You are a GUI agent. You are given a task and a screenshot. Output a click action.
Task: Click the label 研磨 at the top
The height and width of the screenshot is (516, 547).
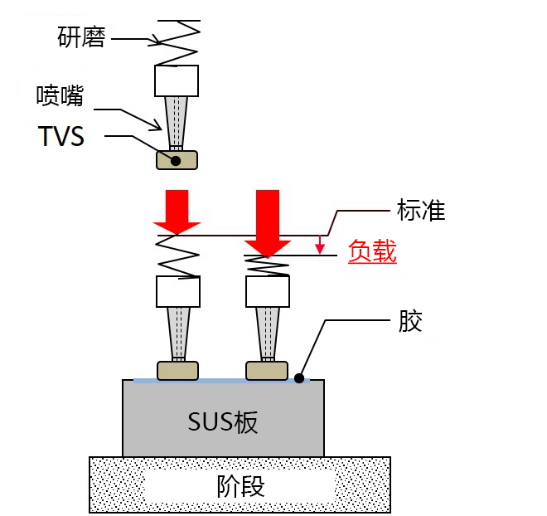(81, 37)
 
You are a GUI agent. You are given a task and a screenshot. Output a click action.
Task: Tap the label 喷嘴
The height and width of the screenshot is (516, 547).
(60, 96)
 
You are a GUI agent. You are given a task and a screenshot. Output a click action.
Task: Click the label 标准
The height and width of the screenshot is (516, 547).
(421, 212)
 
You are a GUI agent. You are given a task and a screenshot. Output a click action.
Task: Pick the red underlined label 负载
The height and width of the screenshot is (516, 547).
(372, 251)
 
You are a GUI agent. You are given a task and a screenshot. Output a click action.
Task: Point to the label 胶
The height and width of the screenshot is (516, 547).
(410, 321)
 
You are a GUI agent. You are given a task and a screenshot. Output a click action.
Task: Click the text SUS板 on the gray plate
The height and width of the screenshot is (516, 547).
(222, 421)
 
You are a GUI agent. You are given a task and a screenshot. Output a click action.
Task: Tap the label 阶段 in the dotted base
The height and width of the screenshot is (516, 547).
(240, 485)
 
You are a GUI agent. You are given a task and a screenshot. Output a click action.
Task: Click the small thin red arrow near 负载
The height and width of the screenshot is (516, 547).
(320, 244)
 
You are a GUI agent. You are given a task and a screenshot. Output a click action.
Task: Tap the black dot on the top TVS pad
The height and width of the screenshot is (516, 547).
(175, 159)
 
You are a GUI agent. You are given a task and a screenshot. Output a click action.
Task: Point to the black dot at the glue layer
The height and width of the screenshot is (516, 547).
(298, 378)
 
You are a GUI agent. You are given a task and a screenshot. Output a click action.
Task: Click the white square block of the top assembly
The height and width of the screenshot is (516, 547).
(177, 80)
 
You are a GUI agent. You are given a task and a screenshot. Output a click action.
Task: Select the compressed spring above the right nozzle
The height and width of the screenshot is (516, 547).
(268, 265)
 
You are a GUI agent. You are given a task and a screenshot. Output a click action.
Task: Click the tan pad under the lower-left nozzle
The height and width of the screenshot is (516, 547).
(177, 370)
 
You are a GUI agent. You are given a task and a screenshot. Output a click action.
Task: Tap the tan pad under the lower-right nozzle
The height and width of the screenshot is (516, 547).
(267, 370)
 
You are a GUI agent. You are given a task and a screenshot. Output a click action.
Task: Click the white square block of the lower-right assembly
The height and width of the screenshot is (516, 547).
(268, 291)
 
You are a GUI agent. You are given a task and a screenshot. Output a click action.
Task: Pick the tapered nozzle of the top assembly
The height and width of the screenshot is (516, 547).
(176, 121)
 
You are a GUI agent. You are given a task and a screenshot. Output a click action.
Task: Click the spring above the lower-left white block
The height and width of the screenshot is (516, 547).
(177, 256)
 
